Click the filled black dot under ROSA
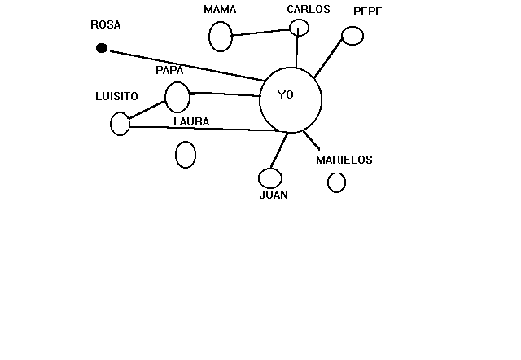102,48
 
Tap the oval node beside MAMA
221,37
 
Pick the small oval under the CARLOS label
300,28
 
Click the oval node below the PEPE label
352,36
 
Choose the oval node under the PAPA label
177,97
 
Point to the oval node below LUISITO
120,124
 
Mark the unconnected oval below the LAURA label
186,154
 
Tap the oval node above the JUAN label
270,178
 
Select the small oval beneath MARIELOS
336,182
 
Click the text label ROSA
105,25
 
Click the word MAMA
220,10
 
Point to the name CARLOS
309,10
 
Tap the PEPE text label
367,11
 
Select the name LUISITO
116,96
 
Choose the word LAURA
191,122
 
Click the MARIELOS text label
344,160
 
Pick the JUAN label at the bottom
274,195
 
